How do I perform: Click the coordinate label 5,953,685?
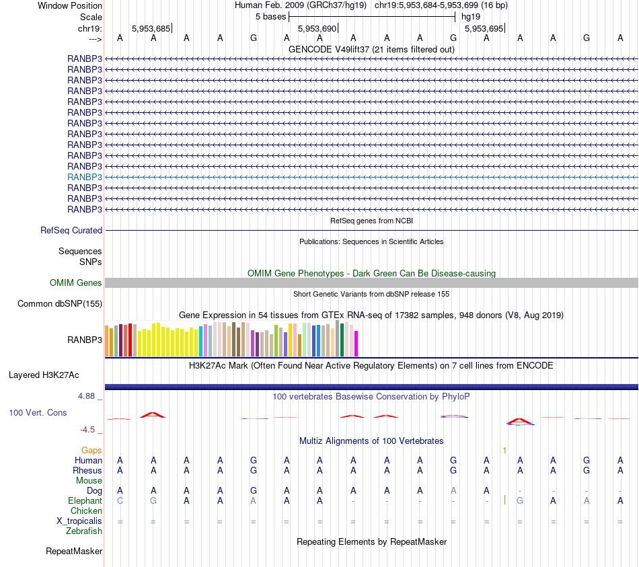pos(151,28)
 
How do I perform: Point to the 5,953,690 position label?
pos(316,28)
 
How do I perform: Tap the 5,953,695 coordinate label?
pos(483,28)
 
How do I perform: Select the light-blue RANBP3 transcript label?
pos(85,177)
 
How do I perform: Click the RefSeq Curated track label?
pos(71,230)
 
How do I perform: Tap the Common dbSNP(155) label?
pos(59,304)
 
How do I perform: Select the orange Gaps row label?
pos(91,450)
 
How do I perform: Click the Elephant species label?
pos(85,501)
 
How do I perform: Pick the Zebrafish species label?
pos(84,531)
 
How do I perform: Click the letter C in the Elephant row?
pos(120,501)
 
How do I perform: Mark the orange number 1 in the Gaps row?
pos(504,450)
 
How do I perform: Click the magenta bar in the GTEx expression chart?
pos(356,343)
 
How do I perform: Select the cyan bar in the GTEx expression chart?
pos(201,341)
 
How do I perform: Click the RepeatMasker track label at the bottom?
pos(74,552)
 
